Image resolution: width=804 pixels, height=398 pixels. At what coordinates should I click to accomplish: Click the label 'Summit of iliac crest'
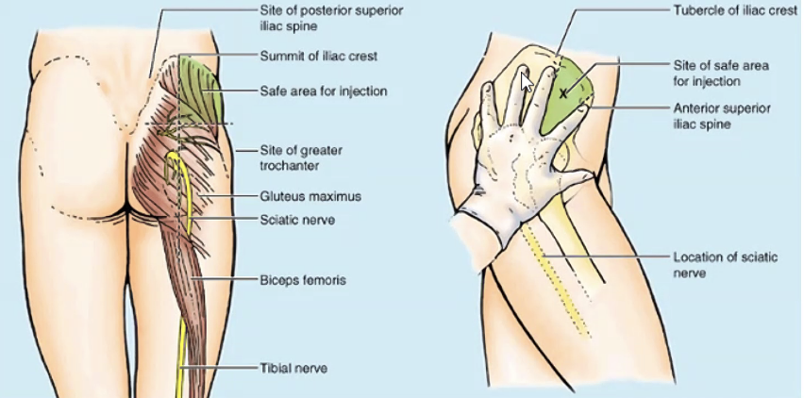click(318, 57)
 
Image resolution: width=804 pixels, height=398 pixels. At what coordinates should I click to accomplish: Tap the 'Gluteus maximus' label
click(310, 197)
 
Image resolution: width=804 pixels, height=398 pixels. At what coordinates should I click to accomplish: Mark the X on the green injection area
click(564, 92)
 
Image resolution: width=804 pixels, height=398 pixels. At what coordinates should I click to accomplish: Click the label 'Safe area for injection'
click(323, 91)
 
